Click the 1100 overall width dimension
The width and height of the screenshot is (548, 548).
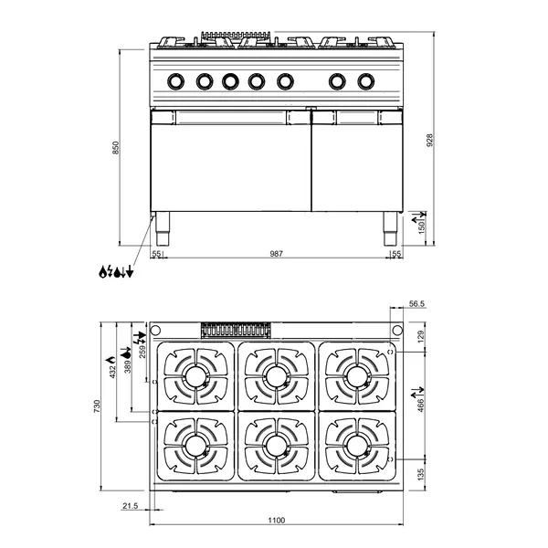[x=276, y=520]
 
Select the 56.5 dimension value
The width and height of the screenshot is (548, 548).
[x=417, y=305]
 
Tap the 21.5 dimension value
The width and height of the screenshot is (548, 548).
[x=130, y=505]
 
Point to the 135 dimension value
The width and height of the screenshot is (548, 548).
[x=421, y=473]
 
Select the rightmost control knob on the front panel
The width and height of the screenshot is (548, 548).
[x=366, y=80]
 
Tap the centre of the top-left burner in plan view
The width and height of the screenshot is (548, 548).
[x=195, y=375]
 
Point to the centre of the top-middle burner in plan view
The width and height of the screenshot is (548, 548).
[x=275, y=375]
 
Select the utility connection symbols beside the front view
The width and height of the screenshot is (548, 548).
[x=117, y=271]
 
